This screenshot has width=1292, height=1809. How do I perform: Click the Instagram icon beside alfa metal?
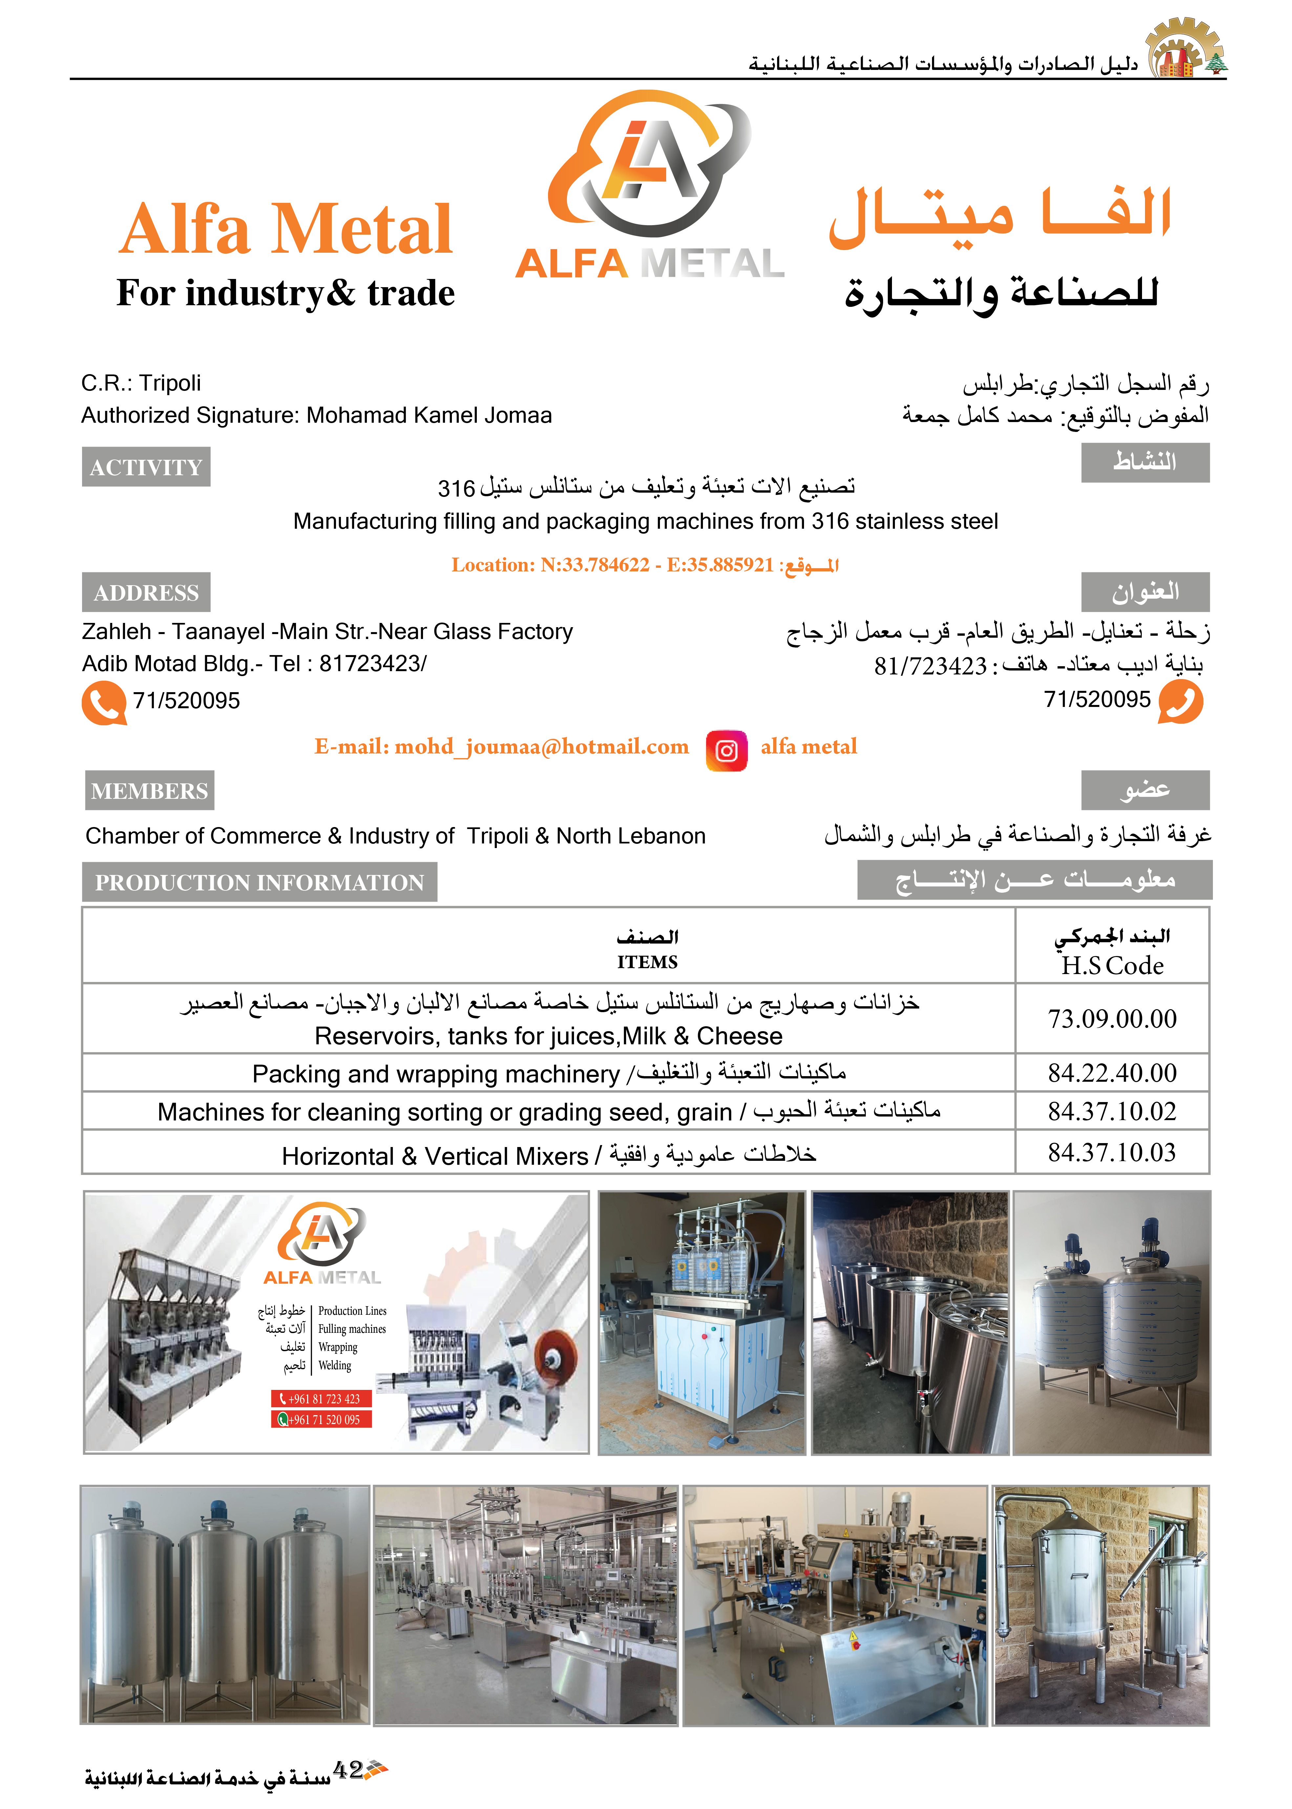tap(726, 750)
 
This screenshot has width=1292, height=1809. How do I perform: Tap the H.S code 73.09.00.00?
tap(1112, 1018)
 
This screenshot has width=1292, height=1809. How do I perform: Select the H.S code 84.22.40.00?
tap(1112, 1072)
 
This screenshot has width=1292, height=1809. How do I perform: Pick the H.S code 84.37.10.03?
tap(1112, 1152)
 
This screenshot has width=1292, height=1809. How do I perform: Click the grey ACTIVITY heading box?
tap(146, 467)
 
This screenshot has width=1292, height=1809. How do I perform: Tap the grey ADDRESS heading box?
tap(146, 593)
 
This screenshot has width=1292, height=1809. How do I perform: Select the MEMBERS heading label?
tap(150, 791)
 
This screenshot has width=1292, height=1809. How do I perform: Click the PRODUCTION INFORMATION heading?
tap(259, 882)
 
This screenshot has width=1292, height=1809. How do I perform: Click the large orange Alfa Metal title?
tap(286, 229)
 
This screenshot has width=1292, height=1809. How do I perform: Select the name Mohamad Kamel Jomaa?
tap(429, 415)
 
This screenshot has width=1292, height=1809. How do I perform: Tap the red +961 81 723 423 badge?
tap(321, 1398)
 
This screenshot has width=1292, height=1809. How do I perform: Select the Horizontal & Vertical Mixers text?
tap(435, 1156)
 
